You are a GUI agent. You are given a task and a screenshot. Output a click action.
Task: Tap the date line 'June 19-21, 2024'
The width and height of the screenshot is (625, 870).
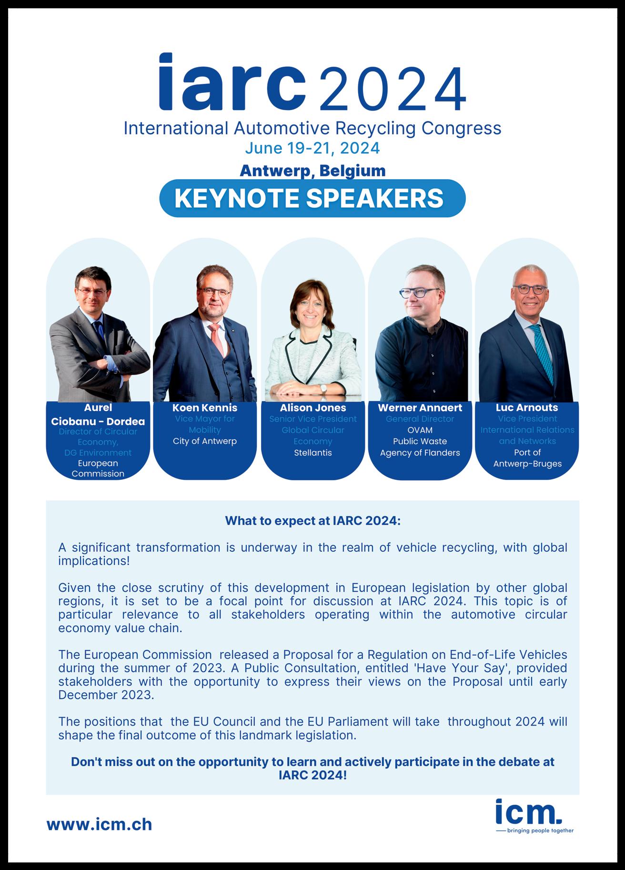pos(312,148)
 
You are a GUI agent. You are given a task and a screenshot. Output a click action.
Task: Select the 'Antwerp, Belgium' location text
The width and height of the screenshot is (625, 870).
pos(312,170)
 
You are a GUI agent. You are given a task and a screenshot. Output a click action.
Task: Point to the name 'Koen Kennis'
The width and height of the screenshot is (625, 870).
pos(205,408)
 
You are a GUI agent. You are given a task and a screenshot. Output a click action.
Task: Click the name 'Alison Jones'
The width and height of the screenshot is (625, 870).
pos(313,408)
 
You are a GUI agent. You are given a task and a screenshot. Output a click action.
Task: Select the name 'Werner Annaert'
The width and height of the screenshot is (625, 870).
pos(420,408)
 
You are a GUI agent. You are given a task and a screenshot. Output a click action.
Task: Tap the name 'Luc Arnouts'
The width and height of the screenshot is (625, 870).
pos(527,408)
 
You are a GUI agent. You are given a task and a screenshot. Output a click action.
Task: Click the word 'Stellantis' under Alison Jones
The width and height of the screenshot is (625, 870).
pos(313,453)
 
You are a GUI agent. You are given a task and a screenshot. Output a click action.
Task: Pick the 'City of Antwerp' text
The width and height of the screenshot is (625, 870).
pos(205,441)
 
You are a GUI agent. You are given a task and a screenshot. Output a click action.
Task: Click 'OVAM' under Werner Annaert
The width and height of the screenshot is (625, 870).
pos(420,430)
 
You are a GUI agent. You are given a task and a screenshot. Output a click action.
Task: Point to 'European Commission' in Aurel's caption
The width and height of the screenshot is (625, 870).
pos(98,468)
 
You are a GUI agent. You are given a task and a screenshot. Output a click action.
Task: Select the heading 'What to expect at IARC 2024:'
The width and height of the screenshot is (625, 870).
pos(312,521)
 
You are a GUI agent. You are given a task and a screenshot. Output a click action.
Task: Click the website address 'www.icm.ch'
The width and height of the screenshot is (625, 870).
pos(99,824)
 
